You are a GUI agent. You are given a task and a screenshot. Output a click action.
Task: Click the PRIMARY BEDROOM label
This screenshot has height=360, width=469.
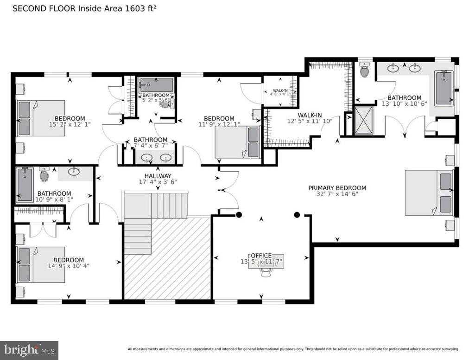337,188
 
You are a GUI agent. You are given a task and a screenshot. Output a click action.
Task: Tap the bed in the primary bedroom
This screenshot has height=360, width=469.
429,193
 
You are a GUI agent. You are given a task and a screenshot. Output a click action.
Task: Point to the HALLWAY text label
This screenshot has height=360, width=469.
158,176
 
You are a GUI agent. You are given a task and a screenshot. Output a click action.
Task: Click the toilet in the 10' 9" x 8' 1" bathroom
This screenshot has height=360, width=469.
44,175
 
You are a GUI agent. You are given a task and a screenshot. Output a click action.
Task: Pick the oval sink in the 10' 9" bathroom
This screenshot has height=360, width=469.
74,172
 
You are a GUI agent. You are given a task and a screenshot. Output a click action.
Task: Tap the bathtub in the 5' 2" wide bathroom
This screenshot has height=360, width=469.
156,85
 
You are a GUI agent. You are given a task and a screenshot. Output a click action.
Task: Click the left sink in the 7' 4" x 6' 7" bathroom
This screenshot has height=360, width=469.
147,157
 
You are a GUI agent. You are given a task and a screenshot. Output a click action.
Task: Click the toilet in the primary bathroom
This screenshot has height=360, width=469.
365,71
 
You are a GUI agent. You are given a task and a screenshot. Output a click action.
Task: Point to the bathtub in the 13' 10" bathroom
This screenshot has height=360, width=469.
444,88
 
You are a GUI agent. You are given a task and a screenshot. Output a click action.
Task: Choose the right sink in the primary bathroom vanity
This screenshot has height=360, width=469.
414,69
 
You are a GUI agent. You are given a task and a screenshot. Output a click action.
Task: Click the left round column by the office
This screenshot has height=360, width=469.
239,215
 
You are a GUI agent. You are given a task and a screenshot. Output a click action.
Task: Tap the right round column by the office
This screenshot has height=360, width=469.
297,215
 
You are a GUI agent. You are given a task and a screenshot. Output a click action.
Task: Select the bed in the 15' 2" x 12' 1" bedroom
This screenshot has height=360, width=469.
41,119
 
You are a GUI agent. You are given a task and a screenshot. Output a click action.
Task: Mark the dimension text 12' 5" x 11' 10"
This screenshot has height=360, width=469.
310,122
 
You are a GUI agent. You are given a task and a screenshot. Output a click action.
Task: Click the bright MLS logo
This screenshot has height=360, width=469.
29,350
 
